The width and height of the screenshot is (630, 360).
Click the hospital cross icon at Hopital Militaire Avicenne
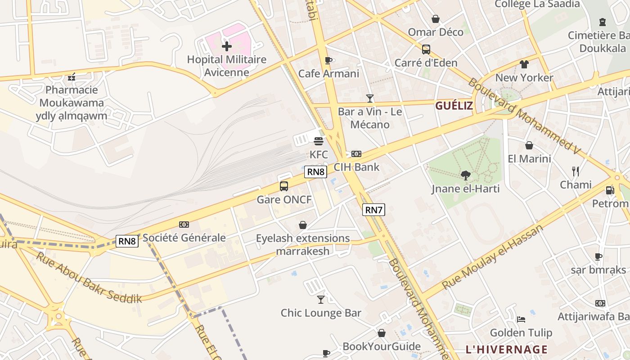click(x=227, y=46)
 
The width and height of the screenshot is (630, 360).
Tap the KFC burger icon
click(x=319, y=141)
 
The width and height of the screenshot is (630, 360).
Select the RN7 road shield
click(x=374, y=209)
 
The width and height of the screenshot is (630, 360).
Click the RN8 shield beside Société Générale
click(x=127, y=241)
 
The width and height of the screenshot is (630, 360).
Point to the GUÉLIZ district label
click(x=454, y=106)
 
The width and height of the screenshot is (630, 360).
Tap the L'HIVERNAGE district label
click(x=506, y=349)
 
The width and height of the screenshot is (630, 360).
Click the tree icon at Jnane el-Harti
click(x=466, y=175)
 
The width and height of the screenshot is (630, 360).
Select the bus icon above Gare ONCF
click(x=284, y=186)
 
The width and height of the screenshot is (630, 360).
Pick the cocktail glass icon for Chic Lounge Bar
click(x=321, y=299)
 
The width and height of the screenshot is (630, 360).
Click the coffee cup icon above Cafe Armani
click(x=328, y=60)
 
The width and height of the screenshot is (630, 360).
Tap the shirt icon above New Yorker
click(x=524, y=64)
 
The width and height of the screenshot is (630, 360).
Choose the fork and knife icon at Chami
click(x=575, y=171)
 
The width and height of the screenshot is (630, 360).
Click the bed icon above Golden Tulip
click(x=521, y=319)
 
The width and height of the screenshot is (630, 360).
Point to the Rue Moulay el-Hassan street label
click(x=492, y=257)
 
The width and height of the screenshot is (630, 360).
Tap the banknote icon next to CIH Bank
click(x=356, y=154)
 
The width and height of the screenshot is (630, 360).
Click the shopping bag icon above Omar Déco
click(x=435, y=19)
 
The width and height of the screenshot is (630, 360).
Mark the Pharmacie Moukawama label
click(x=72, y=96)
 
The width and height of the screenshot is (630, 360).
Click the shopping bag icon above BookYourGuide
click(x=381, y=333)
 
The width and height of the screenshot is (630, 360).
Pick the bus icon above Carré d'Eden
click(x=426, y=49)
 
